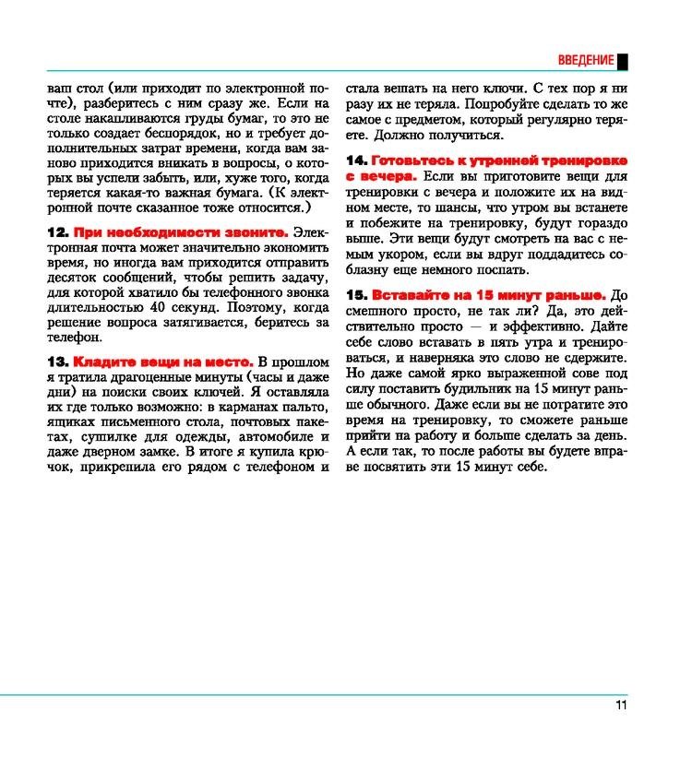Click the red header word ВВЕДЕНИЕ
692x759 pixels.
click(x=586, y=61)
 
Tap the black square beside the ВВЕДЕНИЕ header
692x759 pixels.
click(x=623, y=61)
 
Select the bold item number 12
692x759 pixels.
click(x=57, y=234)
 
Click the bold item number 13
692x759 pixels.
click(x=57, y=362)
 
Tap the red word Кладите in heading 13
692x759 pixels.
click(x=101, y=362)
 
